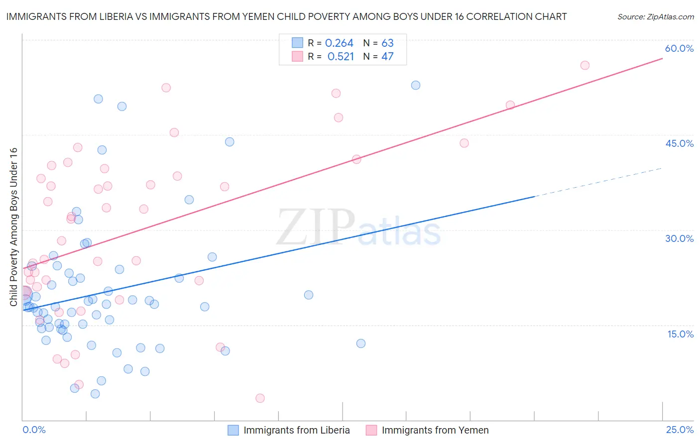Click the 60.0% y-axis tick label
click(x=679, y=48)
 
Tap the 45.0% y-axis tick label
click(x=679, y=143)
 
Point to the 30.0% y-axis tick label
click(x=679, y=238)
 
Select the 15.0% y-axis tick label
click(x=680, y=334)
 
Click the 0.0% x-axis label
click(x=34, y=430)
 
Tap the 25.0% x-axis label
click(x=680, y=430)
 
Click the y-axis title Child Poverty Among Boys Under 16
click(x=13, y=227)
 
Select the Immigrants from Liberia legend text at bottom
click(x=296, y=430)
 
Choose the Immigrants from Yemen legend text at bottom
click(x=435, y=430)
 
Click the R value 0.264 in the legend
click(x=339, y=43)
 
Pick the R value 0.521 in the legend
click(x=341, y=57)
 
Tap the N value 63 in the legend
click(x=387, y=43)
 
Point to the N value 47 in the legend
click(x=387, y=57)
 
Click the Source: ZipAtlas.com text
click(x=655, y=17)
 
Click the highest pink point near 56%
click(x=585, y=65)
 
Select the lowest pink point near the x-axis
click(x=260, y=398)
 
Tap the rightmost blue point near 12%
click(x=361, y=343)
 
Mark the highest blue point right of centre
click(x=416, y=85)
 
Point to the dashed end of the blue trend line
click(x=597, y=182)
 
